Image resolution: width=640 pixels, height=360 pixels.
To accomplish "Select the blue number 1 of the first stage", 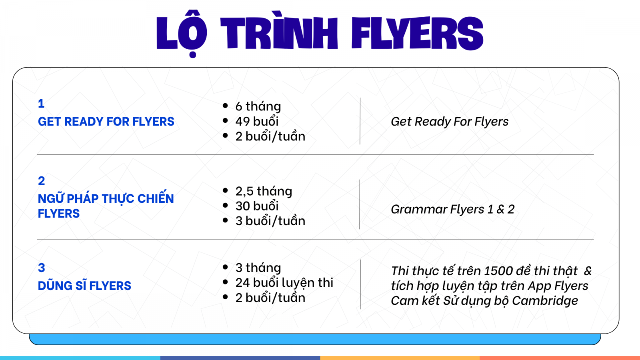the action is pos(41,104).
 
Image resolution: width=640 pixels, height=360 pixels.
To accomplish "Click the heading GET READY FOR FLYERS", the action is pos(106,122).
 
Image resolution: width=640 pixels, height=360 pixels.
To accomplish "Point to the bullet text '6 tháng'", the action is pos(258,106).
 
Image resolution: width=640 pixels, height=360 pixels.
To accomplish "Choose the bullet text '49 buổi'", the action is pos(257,121).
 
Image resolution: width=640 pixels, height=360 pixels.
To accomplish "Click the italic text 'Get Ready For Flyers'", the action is pos(450,122).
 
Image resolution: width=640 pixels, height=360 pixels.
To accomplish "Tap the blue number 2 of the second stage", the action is pos(42,181).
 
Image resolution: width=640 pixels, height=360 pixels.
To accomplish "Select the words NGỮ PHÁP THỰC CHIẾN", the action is pos(106,198).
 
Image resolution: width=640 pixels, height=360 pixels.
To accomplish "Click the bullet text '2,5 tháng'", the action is pos(264,191).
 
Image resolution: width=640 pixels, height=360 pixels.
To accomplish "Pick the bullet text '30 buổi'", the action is pos(257,206).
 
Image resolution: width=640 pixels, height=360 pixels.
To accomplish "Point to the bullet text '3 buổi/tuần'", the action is pos(270,221).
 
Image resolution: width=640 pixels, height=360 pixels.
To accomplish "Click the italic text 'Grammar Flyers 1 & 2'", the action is pos(452,209).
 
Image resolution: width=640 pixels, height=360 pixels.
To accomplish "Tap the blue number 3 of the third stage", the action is pos(42,268).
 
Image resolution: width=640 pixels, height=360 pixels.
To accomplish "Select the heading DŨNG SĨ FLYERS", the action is pos(84,286).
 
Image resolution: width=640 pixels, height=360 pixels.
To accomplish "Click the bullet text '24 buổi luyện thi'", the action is pos(284,283).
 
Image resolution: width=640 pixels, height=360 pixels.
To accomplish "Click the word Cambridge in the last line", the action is pos(545,300).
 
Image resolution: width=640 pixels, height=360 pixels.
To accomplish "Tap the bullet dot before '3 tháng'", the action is pos(225,267).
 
